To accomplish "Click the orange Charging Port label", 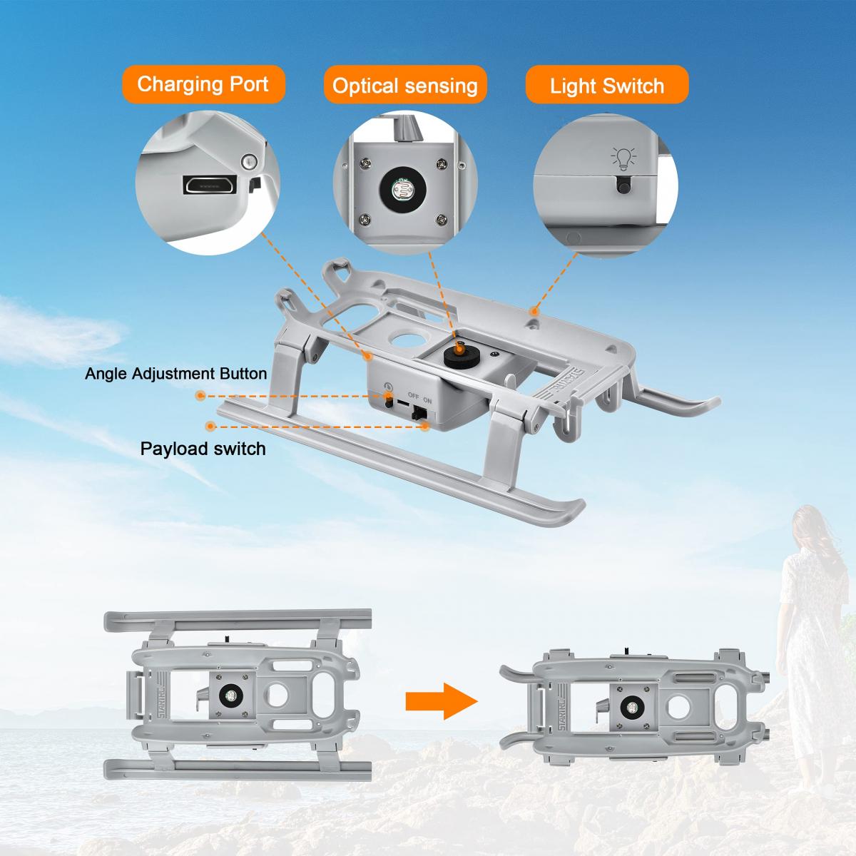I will coord(203,84).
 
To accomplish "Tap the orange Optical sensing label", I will coord(404,86).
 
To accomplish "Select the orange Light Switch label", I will coord(606,86).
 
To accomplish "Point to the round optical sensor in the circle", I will coord(403,189).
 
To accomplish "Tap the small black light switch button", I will coord(623,188).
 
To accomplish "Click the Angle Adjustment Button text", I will coord(175,373).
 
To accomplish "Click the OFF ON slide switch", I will coord(420,413).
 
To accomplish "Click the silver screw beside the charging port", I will coord(247,162).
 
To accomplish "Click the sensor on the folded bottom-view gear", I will coord(630,707).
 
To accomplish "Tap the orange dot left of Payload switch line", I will coord(210,427).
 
